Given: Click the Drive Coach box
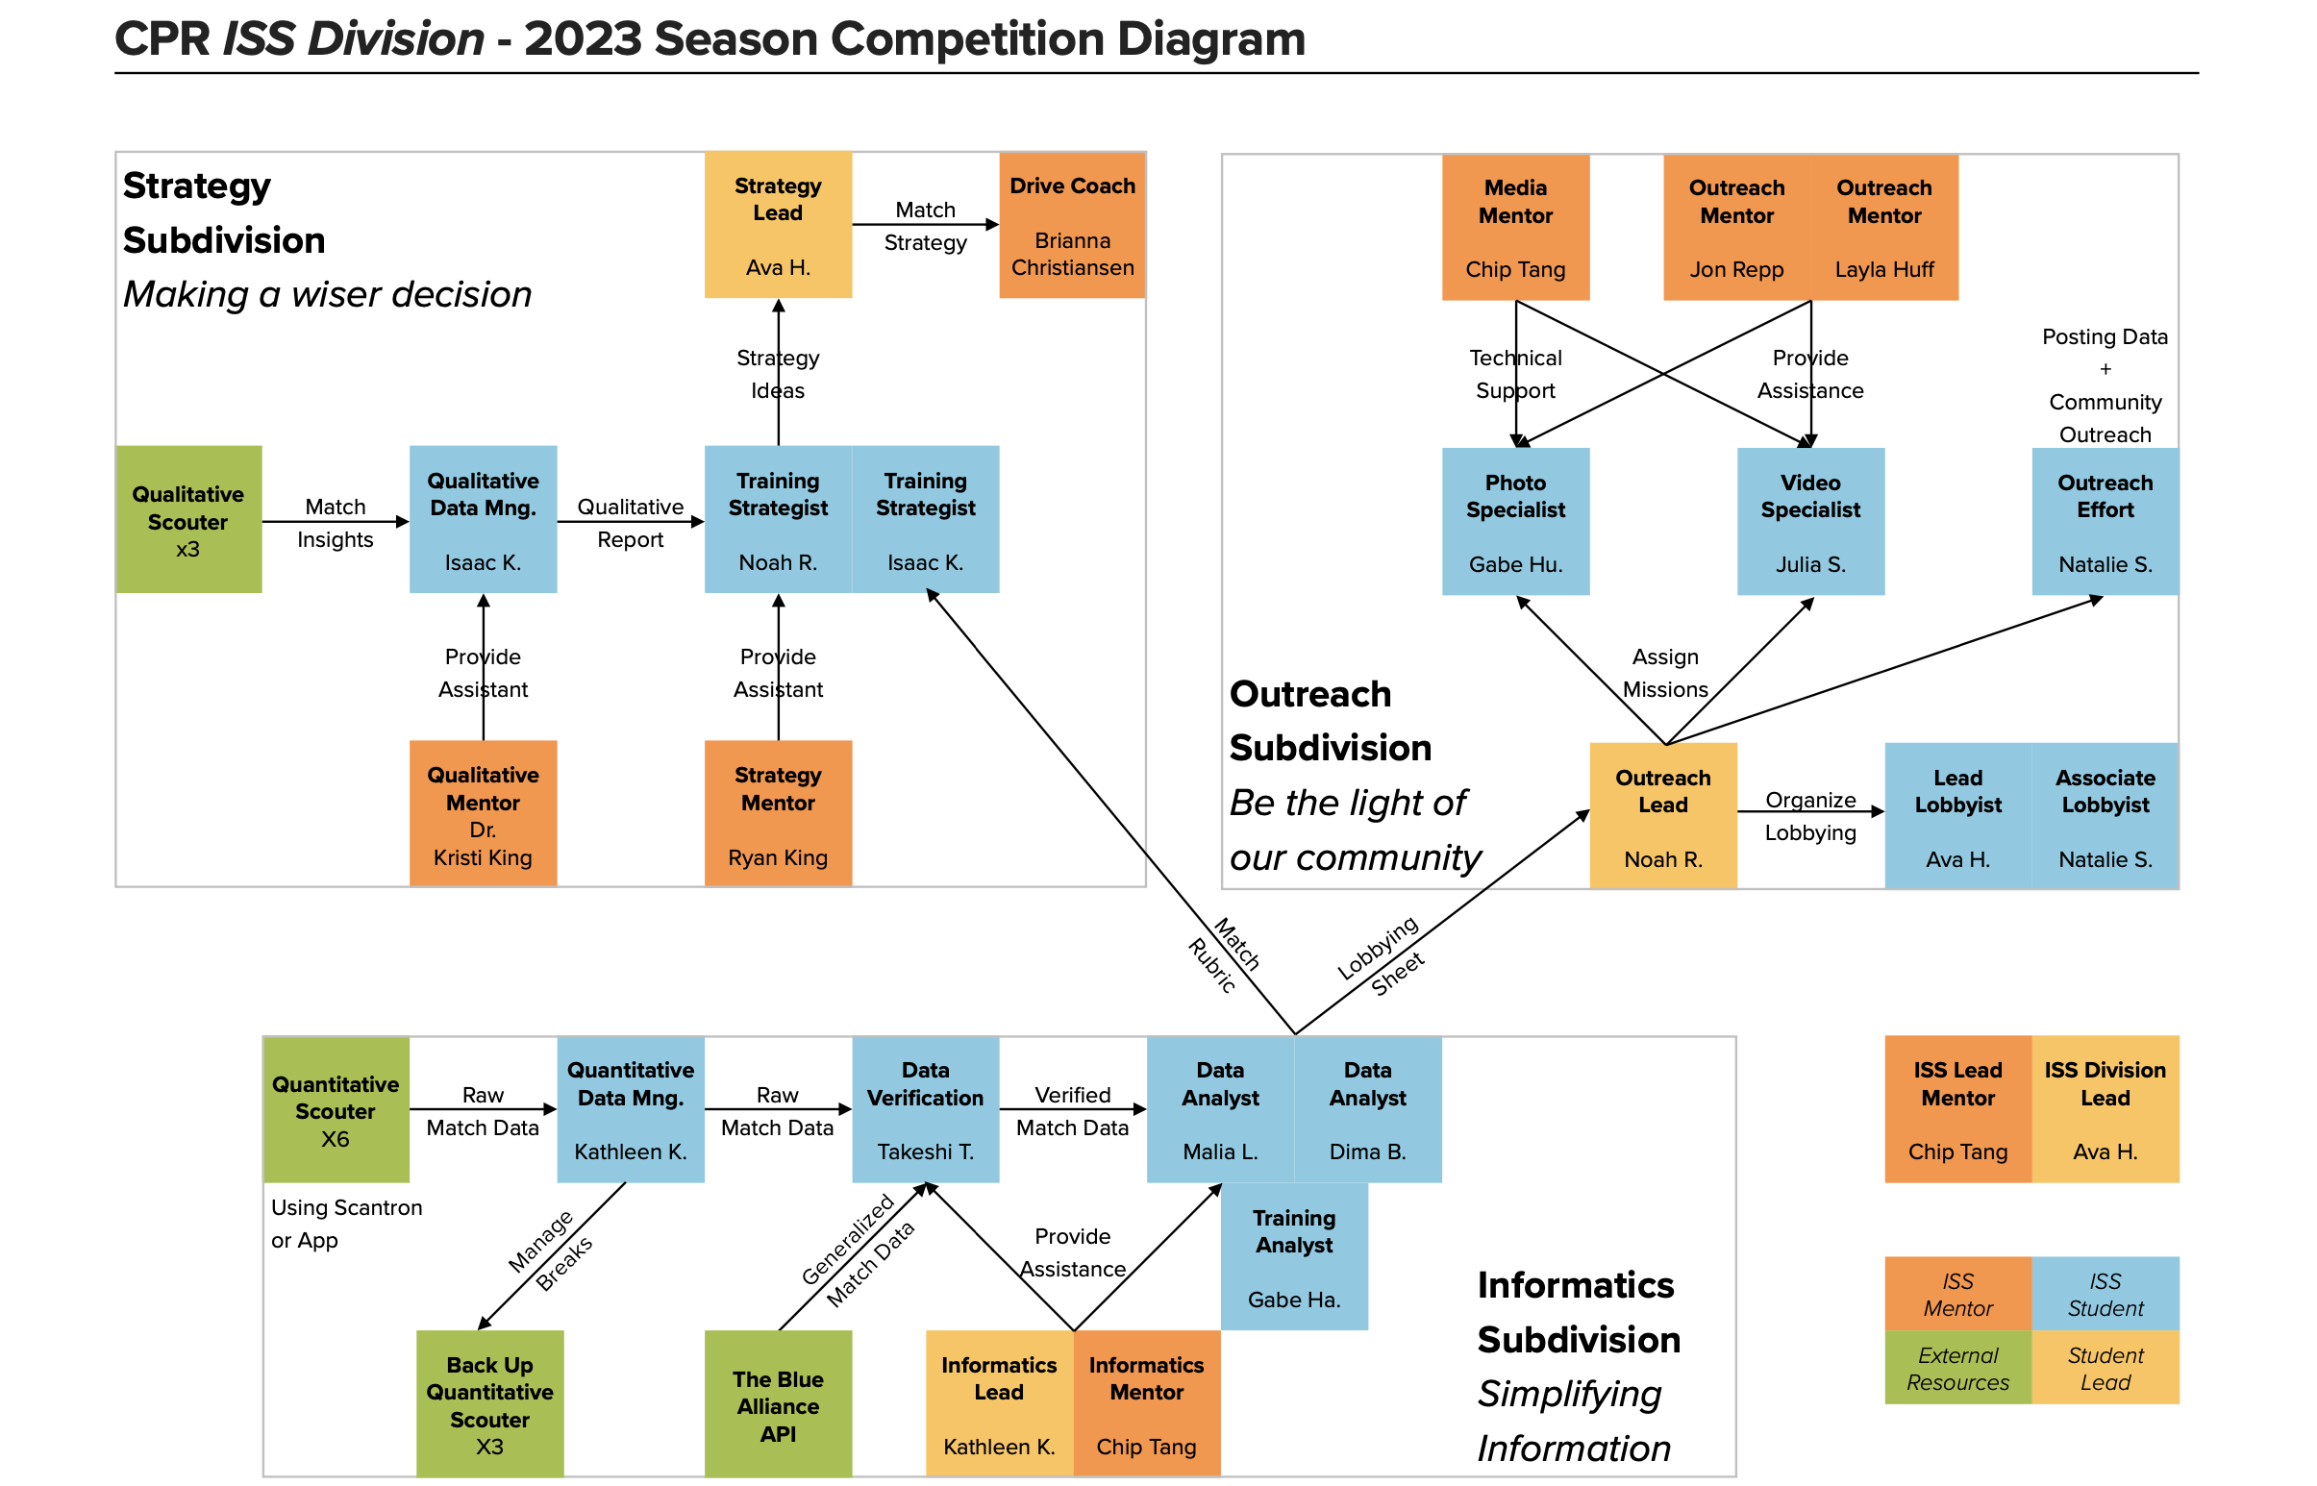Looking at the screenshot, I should click(1071, 225).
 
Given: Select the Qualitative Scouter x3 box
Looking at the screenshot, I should click(188, 520).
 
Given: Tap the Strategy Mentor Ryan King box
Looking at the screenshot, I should click(777, 813).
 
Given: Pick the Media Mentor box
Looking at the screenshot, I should click(1514, 228).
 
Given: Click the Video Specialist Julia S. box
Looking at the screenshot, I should click(1809, 521).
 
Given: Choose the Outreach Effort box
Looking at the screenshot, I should click(2104, 521).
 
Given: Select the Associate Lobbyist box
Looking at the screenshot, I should click(2104, 815).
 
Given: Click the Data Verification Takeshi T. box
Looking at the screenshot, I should click(925, 1108).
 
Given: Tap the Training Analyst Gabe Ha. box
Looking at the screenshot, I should click(1293, 1256).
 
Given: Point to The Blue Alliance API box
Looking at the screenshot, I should click(777, 1404).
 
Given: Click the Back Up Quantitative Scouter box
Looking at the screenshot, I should click(489, 1404).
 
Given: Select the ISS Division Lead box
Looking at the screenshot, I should click(2104, 1108).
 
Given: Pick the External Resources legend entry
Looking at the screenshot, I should click(1956, 1368).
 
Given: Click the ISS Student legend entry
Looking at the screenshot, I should click(2104, 1293).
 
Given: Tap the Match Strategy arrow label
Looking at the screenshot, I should click(925, 226).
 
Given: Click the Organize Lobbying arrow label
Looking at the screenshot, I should click(1809, 815).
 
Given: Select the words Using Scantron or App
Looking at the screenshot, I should click(345, 1223).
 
